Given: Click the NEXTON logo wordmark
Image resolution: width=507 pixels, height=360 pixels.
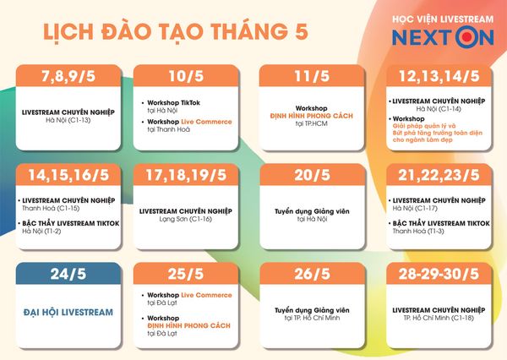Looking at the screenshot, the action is click(443, 37).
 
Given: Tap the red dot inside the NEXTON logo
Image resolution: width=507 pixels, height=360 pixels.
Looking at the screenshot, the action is click(466, 37).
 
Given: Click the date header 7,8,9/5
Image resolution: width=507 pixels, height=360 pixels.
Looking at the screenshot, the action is click(68, 76).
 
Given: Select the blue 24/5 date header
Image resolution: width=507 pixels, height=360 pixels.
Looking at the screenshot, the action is click(68, 274).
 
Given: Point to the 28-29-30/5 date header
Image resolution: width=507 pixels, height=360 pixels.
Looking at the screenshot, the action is click(439, 274).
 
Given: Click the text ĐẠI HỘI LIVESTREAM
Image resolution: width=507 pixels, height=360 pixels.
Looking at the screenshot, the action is click(68, 312).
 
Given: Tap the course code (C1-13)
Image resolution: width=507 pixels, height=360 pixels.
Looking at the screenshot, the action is click(78, 120).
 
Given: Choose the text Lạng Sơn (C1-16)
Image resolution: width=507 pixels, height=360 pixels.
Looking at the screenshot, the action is click(186, 220).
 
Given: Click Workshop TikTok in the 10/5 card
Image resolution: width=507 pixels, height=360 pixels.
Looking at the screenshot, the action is click(173, 103).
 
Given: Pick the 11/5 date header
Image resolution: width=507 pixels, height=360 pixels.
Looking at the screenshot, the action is click(312, 76).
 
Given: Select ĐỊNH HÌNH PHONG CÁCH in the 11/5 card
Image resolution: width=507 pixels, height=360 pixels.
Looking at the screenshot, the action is click(311, 116).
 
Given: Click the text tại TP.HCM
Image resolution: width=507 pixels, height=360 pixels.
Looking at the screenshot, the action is click(311, 123).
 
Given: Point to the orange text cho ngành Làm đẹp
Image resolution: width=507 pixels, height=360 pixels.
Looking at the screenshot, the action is click(422, 140).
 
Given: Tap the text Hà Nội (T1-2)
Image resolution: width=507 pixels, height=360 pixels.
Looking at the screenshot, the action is click(41, 232).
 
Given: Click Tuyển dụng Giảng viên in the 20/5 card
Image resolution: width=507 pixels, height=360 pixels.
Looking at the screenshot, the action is click(312, 211).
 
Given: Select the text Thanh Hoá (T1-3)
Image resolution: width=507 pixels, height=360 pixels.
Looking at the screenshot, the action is click(418, 232).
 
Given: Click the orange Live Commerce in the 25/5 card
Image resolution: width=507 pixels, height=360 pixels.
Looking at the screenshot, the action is click(207, 295).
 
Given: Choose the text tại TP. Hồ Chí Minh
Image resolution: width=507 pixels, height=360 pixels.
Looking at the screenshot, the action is click(312, 318).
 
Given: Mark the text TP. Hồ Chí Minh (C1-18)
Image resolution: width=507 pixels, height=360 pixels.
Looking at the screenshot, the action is click(439, 318).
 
